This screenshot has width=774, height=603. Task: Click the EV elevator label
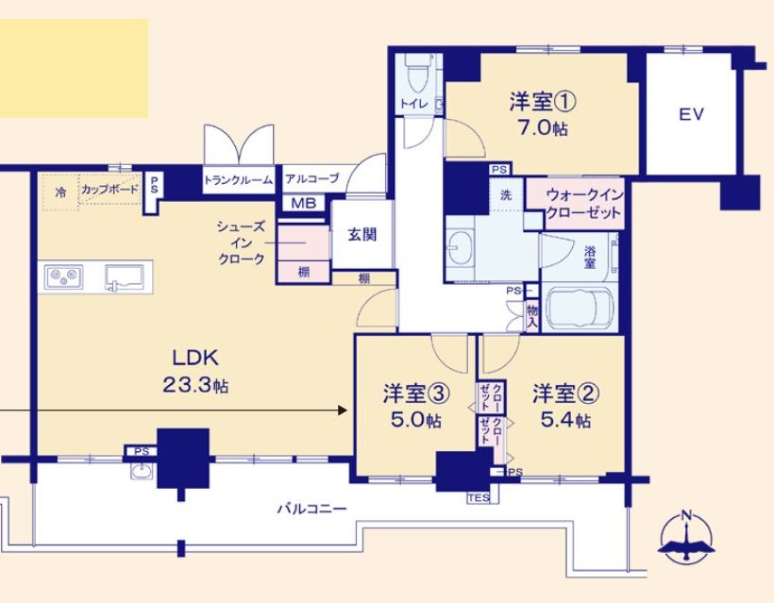pos(691,114)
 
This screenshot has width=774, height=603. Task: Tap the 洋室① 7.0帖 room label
pos(543,114)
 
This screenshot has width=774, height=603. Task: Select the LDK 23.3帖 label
pos(195,371)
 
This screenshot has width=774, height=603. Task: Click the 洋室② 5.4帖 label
pos(565,407)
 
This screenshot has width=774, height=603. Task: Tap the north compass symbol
pos(686,538)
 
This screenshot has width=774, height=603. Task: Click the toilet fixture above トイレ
pos(418,73)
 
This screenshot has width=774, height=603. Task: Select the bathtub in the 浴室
pos(580,310)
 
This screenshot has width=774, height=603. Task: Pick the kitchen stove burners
pos(63,276)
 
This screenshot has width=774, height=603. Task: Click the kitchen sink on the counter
pos(124,277)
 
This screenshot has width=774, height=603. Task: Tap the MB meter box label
pos(304,203)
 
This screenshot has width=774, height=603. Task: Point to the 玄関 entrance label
pos(362,234)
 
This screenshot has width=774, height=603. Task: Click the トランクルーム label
pos(239,180)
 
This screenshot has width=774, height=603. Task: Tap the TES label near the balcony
pos(479,498)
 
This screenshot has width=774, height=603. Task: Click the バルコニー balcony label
pos(312,509)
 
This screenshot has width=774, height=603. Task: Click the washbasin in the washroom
pos(461,246)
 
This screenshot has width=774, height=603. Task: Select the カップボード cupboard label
pos(110,189)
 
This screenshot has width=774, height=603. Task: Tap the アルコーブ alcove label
pos(312,178)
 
